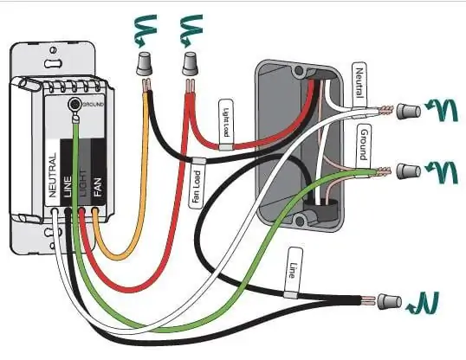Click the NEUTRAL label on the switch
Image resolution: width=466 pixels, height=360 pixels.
pyautogui.click(x=52, y=175)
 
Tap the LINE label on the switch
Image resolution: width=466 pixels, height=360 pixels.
pyautogui.click(x=68, y=187)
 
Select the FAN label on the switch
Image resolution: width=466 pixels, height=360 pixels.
pyautogui.click(x=98, y=187)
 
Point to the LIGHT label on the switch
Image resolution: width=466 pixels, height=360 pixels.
pyautogui.click(x=83, y=183)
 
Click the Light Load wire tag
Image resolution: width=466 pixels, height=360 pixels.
pyautogui.click(x=226, y=124)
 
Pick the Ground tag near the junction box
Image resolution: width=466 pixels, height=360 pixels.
pyautogui.click(x=364, y=145)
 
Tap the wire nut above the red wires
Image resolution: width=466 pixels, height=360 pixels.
pyautogui.click(x=190, y=64)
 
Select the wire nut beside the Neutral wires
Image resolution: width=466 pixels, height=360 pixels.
pyautogui.click(x=409, y=112)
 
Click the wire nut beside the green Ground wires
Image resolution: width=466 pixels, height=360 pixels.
pyautogui.click(x=409, y=171)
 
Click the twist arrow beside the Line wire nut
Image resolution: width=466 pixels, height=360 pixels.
pyautogui.click(x=424, y=304)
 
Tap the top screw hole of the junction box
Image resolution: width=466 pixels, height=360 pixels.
pyautogui.click(x=298, y=71)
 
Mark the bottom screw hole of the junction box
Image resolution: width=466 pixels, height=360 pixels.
pyautogui.click(x=301, y=221)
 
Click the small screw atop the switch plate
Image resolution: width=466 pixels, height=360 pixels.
pyautogui.click(x=53, y=50)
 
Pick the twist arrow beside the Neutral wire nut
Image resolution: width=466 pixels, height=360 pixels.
pyautogui.click(x=442, y=110)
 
